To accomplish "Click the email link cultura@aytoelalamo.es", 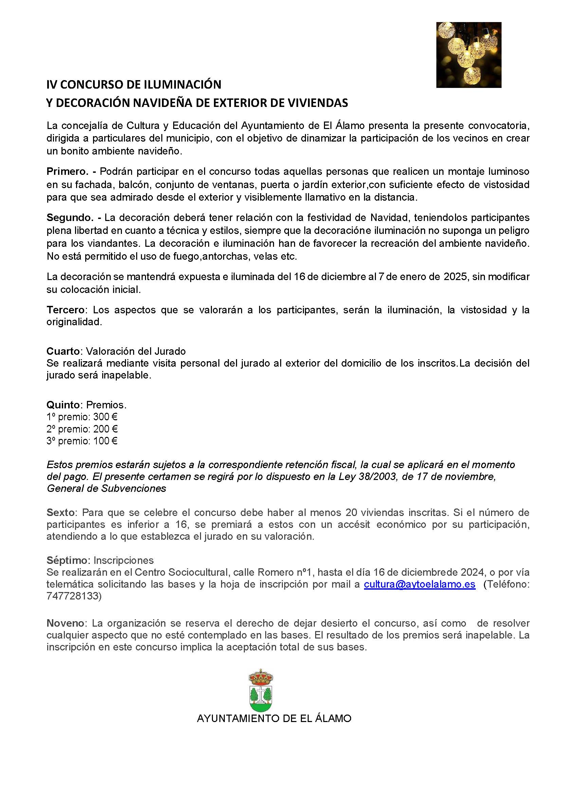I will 419,584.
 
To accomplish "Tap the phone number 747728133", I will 73,596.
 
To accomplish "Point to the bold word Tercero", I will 66,310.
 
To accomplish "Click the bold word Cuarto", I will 63,351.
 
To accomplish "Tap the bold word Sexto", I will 61,512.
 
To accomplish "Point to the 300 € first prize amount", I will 105,417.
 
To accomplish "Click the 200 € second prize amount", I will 105,429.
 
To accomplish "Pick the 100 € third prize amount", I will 105,441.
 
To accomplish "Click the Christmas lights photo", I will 469,55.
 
